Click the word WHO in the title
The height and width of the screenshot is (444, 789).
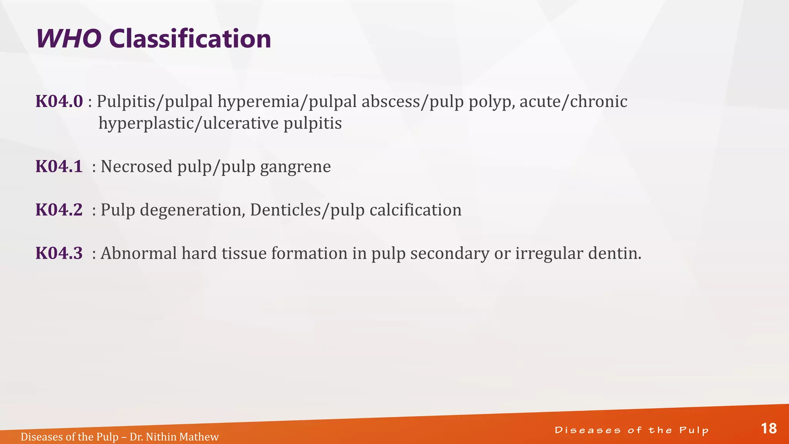(x=69, y=39)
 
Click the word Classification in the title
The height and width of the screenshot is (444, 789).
(x=190, y=39)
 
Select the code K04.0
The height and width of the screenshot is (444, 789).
(x=59, y=102)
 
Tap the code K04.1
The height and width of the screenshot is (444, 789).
(x=59, y=167)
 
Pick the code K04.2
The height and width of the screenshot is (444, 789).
(x=59, y=210)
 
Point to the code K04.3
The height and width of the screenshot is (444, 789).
(x=59, y=254)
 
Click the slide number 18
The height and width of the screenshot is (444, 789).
(x=769, y=429)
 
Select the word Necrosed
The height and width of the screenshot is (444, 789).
(x=136, y=167)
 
